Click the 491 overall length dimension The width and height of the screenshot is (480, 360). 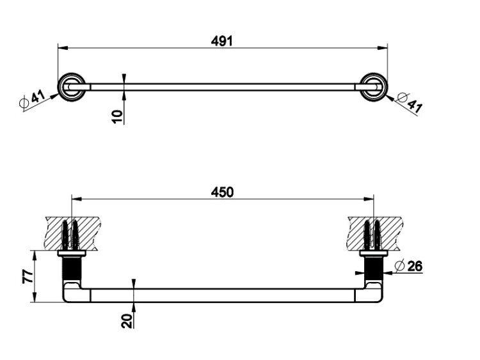click(x=222, y=41)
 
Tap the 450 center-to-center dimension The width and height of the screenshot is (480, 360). click(x=222, y=192)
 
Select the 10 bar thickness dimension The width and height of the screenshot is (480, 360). click(x=117, y=117)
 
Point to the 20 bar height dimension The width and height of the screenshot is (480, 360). click(x=127, y=321)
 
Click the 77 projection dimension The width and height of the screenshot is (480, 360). click(x=28, y=276)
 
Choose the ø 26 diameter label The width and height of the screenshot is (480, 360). click(x=408, y=266)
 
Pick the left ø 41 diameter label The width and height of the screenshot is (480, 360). click(x=32, y=99)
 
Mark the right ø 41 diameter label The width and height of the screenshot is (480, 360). click(x=410, y=102)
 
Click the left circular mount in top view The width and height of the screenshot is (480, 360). click(x=72, y=87)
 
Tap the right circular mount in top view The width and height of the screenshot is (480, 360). click(x=374, y=87)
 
